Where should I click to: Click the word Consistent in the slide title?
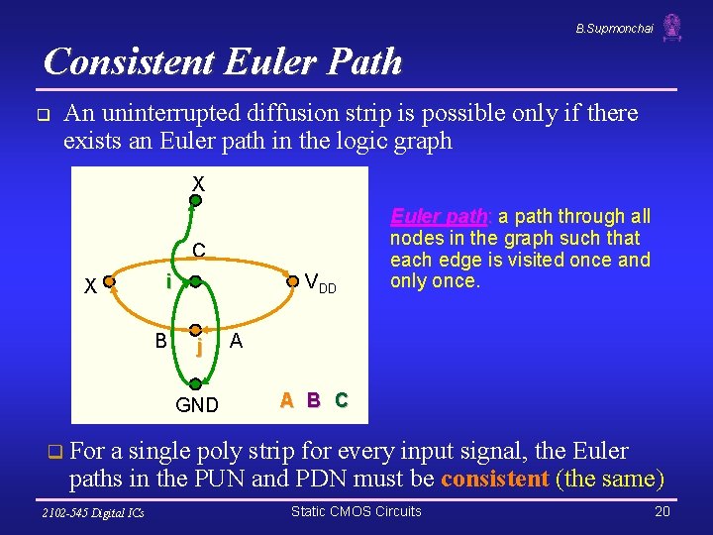tap(130, 61)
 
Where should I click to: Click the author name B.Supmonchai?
tap(614, 29)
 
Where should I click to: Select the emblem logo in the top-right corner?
tap(672, 27)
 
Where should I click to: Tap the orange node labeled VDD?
tap(292, 281)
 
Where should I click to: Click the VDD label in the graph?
tap(320, 283)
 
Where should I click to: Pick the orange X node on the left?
tap(110, 282)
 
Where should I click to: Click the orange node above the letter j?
tap(196, 330)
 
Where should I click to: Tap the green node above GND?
tap(196, 382)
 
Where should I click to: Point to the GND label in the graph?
tap(196, 404)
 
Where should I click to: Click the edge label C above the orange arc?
tap(199, 251)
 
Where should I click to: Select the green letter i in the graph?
tap(169, 282)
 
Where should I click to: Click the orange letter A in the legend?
tap(286, 400)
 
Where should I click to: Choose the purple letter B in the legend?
tap(313, 400)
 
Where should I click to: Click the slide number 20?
tap(662, 511)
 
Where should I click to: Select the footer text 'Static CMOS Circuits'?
tap(356, 511)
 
